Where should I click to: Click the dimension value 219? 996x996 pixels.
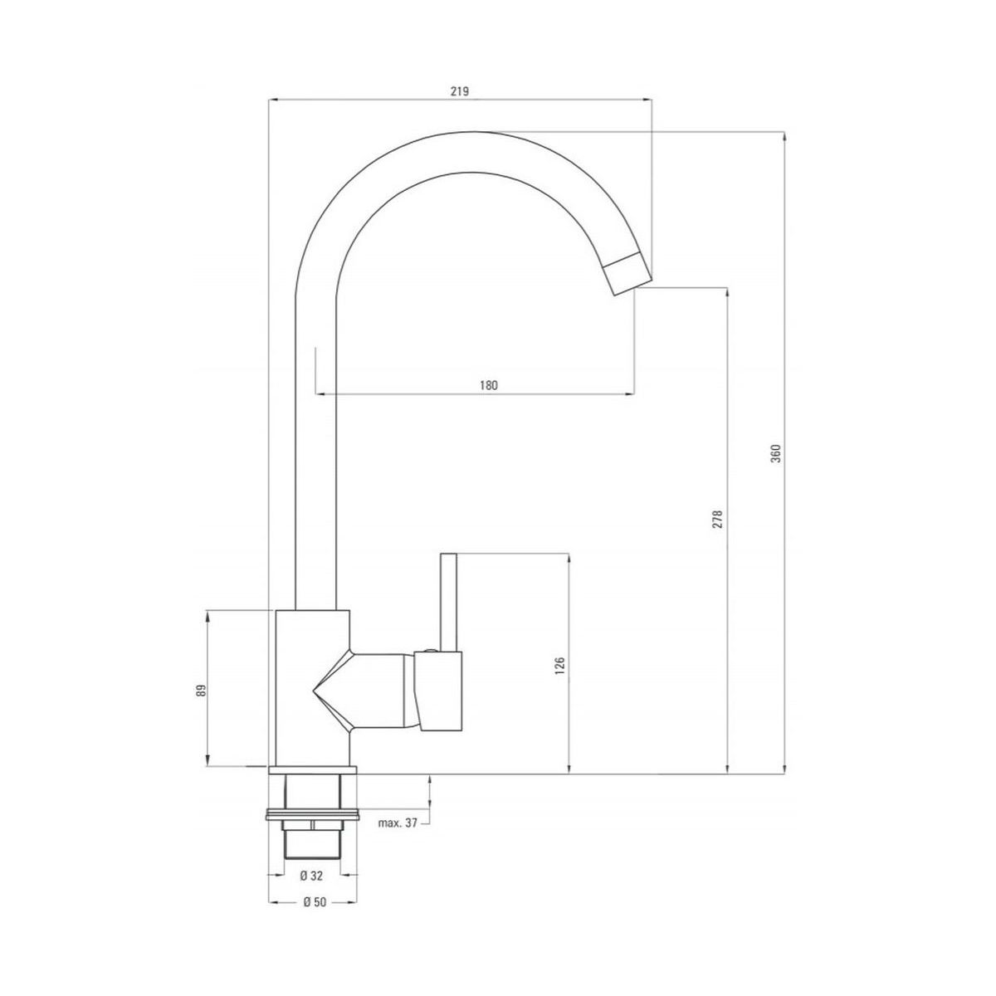pos(460,91)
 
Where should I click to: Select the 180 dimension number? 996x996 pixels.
pos(488,385)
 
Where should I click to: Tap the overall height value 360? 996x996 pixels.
pos(776,453)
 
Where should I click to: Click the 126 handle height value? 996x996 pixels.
pos(561,666)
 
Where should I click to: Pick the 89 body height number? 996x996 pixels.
pos(201,690)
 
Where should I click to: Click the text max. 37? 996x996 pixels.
pos(398,837)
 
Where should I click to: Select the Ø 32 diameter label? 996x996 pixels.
pos(311,875)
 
